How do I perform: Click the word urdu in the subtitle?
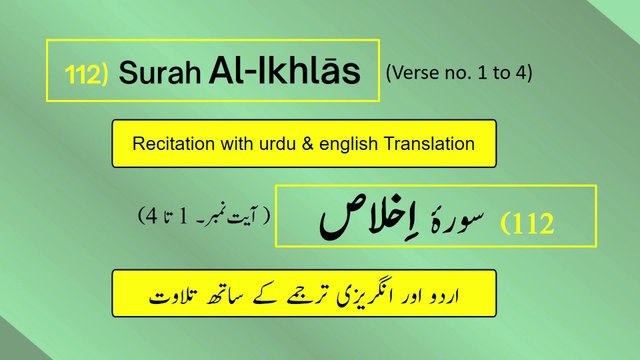[282, 144]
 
